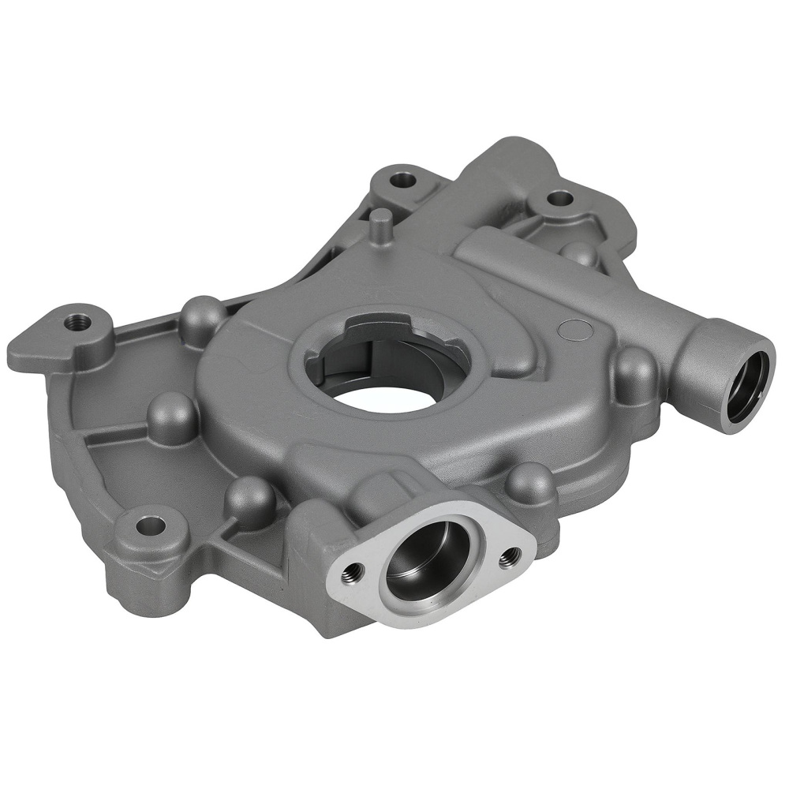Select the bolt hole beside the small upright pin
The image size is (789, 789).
coord(405,179)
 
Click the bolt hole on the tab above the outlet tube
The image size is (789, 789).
coord(559,198)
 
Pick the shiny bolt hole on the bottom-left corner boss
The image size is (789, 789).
coord(150,525)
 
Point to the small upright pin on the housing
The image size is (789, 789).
coord(382,226)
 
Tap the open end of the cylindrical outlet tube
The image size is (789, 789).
coord(746,387)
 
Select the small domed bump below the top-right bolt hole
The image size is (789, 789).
coord(580,252)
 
